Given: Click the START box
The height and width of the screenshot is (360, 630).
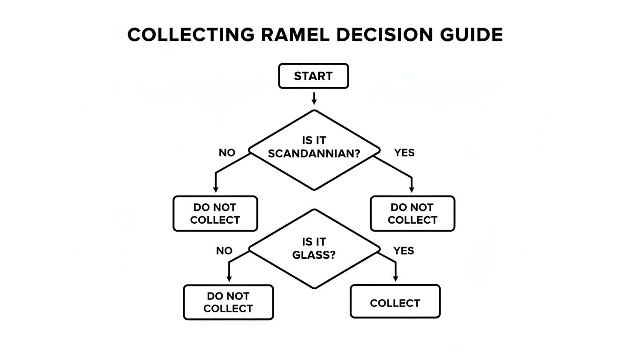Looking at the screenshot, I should (313, 76).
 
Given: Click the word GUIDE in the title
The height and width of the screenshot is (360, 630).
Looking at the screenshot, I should (471, 36).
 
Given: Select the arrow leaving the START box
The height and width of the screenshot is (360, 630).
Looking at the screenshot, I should (314, 97).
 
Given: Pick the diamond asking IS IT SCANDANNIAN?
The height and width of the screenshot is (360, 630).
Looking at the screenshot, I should (314, 150).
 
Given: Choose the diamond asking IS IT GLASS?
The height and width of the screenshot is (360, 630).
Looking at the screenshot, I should (314, 248).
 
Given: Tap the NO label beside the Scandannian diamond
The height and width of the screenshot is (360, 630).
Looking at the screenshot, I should (227, 153).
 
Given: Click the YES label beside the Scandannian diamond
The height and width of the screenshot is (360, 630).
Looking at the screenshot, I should (404, 153).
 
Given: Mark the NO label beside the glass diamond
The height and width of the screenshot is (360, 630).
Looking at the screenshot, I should (224, 251).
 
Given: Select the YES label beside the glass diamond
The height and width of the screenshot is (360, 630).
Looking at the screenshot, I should (404, 251).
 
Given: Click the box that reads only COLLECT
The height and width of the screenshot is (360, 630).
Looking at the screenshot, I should (395, 303).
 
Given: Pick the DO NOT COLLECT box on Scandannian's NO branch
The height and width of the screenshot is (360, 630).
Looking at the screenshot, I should (215, 214).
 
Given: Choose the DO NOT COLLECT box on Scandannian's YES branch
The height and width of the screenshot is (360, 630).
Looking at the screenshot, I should (412, 214).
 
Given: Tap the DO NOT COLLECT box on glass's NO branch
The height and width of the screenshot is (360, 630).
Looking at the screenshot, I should (228, 302).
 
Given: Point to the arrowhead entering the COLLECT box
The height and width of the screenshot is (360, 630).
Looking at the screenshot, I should (395, 279).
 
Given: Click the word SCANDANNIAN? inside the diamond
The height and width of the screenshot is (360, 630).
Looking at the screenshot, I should (314, 153).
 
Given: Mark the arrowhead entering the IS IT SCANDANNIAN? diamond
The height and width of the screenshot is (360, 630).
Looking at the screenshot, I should (314, 102).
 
